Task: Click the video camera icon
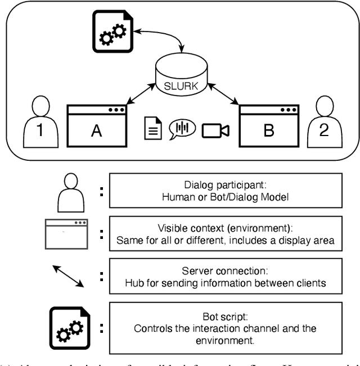[x=216, y=130]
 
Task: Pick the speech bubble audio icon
[x=182, y=129]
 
